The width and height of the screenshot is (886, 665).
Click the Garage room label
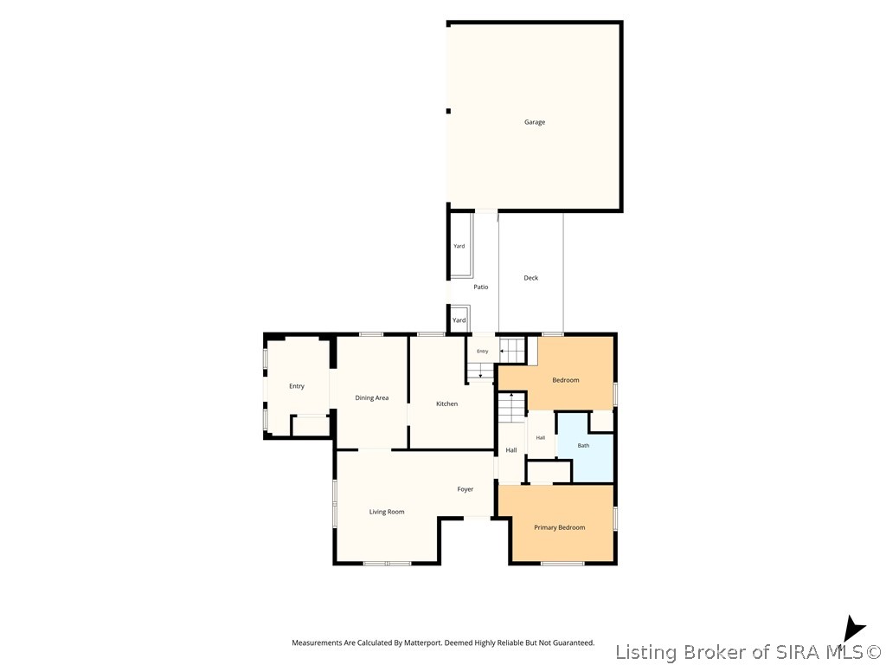535,122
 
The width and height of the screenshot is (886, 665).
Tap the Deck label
530,278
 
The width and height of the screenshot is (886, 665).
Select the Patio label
481,287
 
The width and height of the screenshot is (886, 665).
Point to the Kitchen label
446,404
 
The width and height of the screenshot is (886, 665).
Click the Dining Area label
372,398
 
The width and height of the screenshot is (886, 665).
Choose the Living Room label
387,513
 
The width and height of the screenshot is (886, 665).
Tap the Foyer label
465,489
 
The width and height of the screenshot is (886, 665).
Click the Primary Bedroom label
560,527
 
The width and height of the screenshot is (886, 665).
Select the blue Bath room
586,447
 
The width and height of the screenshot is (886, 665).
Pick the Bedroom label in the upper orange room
566,380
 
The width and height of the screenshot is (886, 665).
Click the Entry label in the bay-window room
297,386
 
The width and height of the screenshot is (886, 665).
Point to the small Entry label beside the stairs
482,352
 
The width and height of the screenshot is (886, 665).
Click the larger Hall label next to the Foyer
511,450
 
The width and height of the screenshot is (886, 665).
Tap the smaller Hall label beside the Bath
541,437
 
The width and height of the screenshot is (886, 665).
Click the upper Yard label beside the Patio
459,246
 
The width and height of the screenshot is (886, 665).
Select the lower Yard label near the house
459,320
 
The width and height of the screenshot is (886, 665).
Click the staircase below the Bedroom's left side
512,407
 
